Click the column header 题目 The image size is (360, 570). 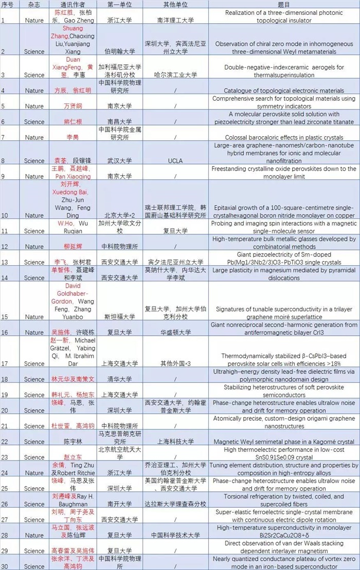[284, 4]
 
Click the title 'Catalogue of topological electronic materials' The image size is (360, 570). [284, 90]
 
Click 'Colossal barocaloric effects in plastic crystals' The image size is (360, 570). [284, 137]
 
